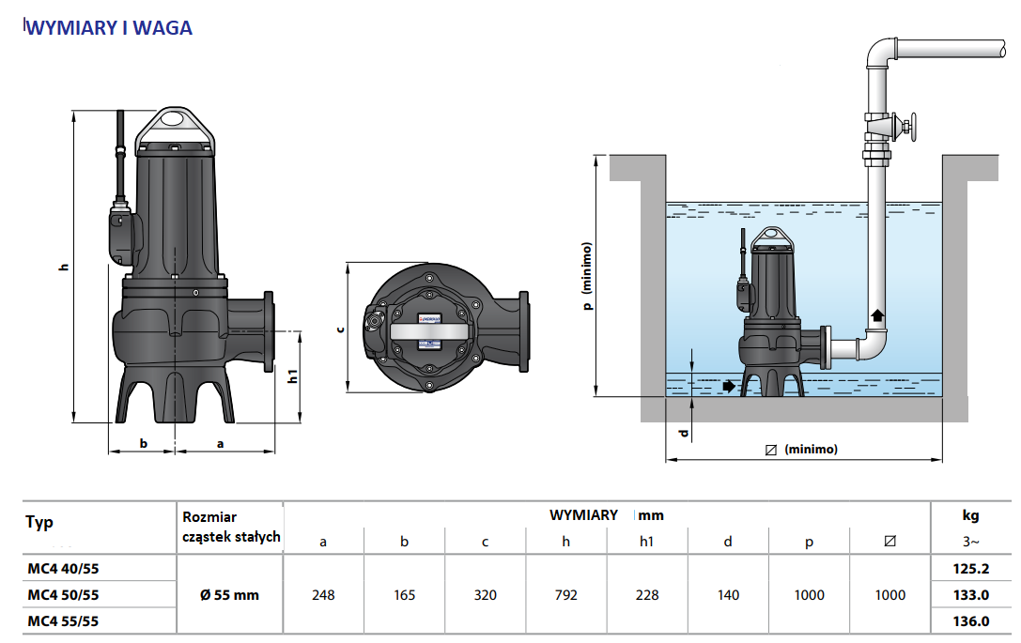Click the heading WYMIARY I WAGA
click(x=110, y=28)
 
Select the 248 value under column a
click(x=323, y=595)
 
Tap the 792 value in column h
click(x=565, y=595)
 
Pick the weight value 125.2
click(x=971, y=569)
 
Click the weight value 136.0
click(x=971, y=620)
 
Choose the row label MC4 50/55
click(x=63, y=595)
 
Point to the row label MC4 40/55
click(x=63, y=569)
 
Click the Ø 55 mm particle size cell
click(x=229, y=595)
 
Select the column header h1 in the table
click(x=646, y=542)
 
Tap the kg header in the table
click(x=970, y=515)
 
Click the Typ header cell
click(x=40, y=523)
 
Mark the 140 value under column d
click(x=728, y=595)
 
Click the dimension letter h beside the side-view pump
click(x=64, y=267)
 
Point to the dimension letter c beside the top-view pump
click(x=341, y=328)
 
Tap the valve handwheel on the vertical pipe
click(x=909, y=126)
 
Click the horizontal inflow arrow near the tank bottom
click(x=729, y=386)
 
